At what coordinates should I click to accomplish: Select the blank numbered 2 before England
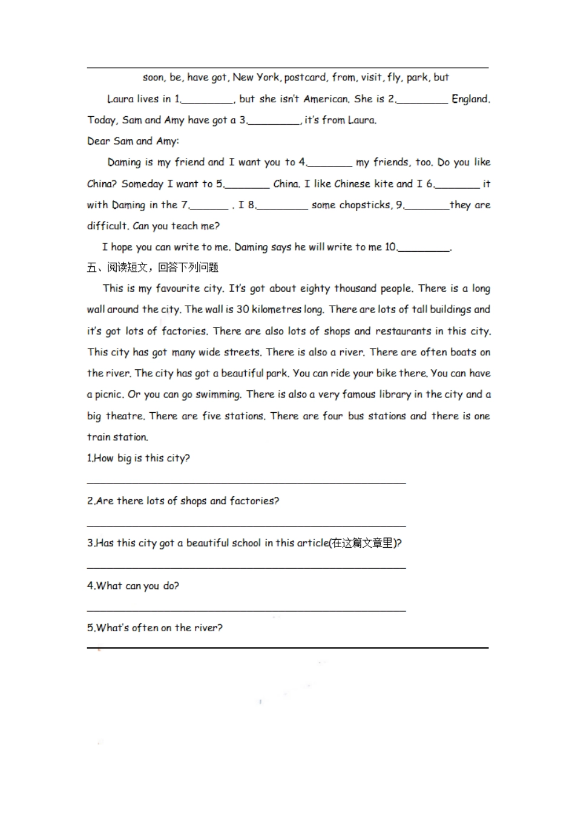pos(422,99)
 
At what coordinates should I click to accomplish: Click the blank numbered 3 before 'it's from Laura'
pos(274,120)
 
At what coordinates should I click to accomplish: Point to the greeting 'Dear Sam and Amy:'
pos(133,141)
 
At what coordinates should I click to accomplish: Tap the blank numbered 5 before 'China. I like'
pos(246,184)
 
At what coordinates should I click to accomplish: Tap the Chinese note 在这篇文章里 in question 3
pos(363,543)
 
